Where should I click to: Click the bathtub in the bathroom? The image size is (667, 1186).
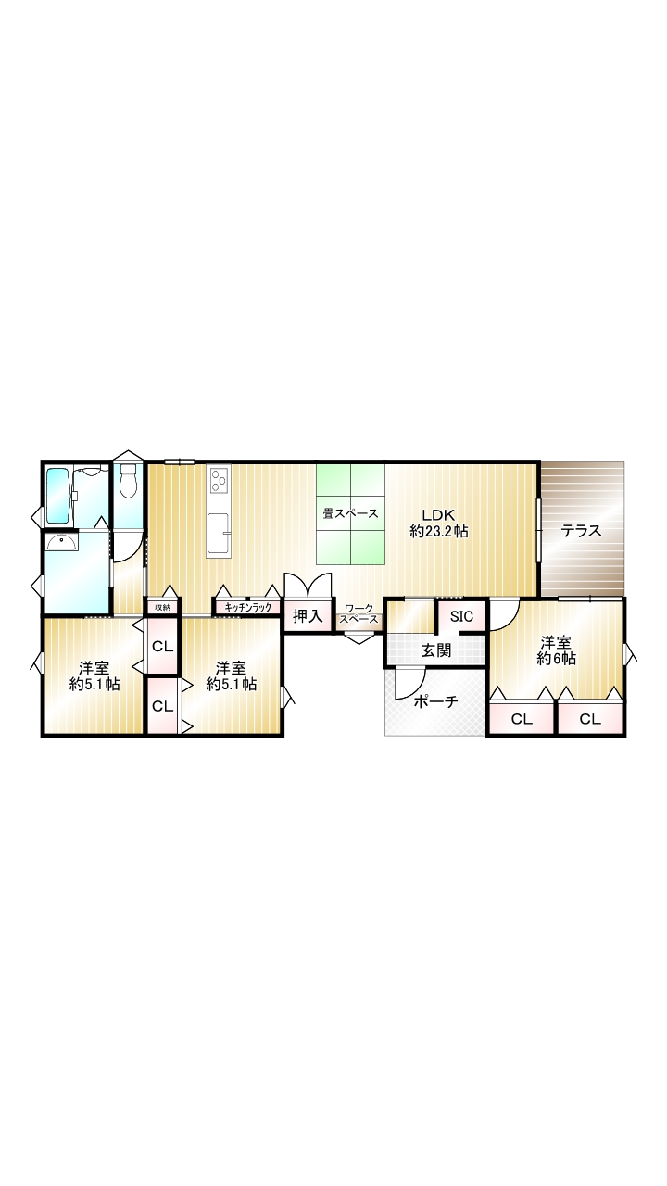[x=57, y=496]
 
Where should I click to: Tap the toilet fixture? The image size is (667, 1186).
[x=128, y=480]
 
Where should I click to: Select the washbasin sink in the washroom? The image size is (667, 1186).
[x=62, y=542]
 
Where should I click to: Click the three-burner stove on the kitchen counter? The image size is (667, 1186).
[x=219, y=480]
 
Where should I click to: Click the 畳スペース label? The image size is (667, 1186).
[x=350, y=513]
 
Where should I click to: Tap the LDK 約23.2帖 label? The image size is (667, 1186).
[x=439, y=524]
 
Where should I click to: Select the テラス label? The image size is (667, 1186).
[x=581, y=531]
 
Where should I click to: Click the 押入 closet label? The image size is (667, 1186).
[x=308, y=616]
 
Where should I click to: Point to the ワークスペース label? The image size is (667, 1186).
[x=359, y=614]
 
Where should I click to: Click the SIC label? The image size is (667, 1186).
[x=461, y=616]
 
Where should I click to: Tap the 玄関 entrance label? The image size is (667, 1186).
[x=435, y=650]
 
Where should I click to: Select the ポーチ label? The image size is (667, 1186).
[x=435, y=702]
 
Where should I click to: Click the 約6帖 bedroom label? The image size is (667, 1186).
[x=556, y=650]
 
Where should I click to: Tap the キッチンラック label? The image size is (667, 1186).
[x=247, y=607]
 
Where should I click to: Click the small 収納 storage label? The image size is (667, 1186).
[x=162, y=607]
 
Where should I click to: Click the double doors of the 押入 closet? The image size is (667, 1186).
[x=308, y=585]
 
